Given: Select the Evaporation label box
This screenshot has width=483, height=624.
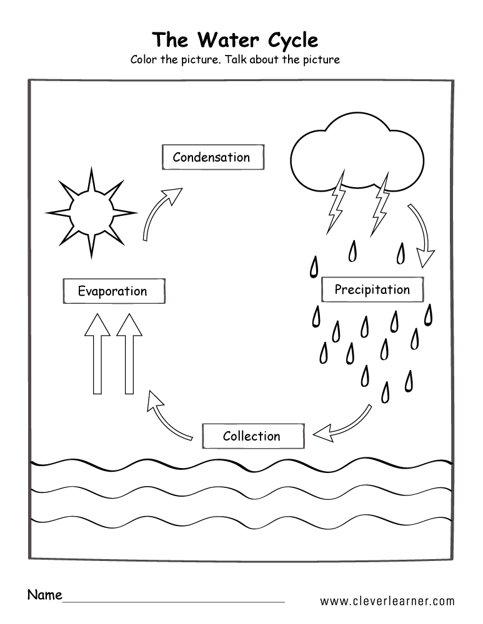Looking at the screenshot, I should coord(113,291).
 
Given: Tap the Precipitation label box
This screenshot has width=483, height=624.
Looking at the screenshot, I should coord(372,290).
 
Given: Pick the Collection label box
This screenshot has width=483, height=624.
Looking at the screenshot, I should coord(252,436).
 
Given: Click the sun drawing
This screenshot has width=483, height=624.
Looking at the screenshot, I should coord(90,212).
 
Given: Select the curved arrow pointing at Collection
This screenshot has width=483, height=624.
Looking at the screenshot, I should coord(344,422).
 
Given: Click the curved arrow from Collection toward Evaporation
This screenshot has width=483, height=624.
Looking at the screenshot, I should coord(167,417).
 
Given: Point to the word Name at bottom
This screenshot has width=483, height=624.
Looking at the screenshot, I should coord(44,594).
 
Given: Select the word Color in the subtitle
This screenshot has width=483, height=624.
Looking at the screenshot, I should coord(145,60).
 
